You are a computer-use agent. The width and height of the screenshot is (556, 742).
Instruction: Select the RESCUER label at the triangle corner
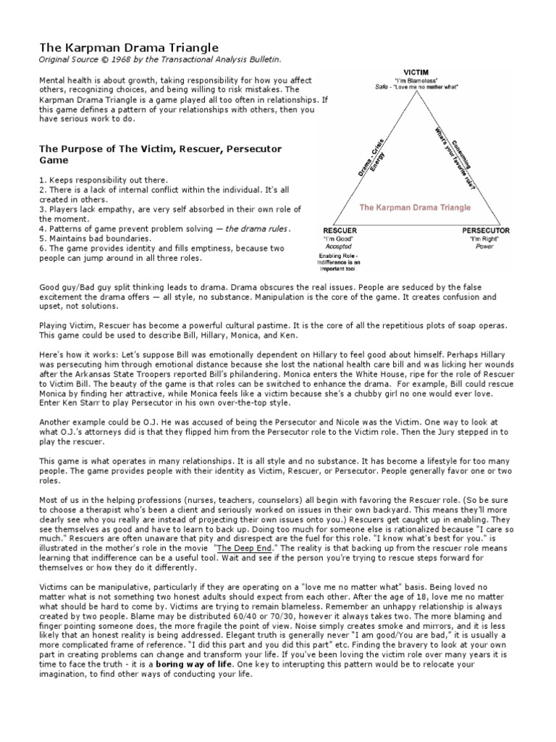tap(334, 230)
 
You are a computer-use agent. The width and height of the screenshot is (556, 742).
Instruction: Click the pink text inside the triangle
tap(415, 207)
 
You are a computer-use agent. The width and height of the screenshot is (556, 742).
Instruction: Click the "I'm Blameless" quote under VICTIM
tap(415, 80)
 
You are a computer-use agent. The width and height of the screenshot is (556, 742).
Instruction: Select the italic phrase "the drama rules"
tap(256, 229)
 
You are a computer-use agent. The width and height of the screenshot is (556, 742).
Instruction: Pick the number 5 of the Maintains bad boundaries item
tap(41, 238)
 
